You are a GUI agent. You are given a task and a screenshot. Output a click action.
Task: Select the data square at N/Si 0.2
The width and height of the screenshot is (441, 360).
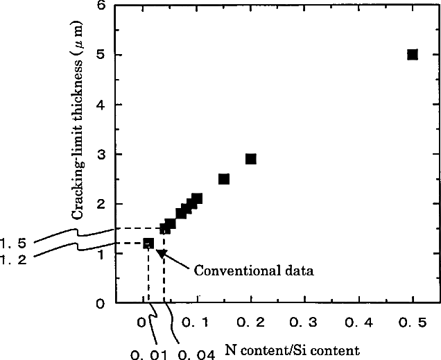click(250, 159)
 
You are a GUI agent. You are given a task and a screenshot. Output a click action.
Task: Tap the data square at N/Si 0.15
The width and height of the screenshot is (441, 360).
click(224, 179)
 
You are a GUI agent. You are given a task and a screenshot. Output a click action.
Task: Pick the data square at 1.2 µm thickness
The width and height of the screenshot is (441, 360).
click(148, 243)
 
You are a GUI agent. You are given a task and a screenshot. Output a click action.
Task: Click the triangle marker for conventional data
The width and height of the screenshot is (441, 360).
click(162, 254)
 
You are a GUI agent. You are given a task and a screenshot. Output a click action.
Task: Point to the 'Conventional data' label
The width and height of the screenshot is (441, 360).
click(253, 271)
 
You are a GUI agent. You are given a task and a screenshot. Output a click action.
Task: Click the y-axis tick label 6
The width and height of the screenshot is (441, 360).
click(102, 6)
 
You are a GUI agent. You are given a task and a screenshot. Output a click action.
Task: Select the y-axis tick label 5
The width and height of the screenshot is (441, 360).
click(102, 55)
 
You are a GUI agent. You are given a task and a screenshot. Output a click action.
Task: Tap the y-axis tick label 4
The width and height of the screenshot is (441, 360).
click(102, 105)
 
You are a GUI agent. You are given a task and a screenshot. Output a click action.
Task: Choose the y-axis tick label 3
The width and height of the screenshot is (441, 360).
click(102, 155)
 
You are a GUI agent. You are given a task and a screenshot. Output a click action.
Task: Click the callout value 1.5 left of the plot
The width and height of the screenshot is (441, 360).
click(14, 243)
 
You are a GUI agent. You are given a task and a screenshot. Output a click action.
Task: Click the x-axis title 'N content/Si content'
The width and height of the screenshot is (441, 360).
click(292, 350)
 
